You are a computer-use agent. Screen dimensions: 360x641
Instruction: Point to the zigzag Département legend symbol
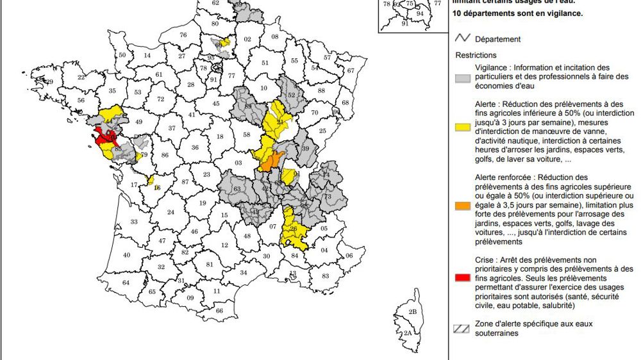463,39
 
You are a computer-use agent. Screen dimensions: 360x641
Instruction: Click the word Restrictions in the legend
476,56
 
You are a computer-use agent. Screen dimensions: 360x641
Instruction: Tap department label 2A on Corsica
408,333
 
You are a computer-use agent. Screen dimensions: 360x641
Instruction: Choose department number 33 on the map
134,222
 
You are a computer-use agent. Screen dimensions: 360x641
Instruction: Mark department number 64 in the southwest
126,282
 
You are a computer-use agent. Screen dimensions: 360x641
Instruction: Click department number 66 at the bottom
219,311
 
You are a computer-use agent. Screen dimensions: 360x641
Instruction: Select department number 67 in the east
350,70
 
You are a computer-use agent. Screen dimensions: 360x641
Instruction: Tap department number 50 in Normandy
122,56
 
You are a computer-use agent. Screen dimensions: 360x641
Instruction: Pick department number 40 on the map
126,255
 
